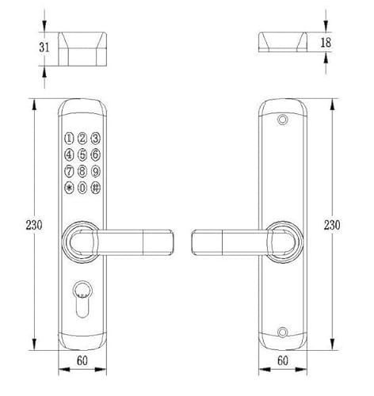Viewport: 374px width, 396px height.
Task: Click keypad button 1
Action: (69, 138)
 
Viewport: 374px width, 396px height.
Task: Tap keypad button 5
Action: (82, 154)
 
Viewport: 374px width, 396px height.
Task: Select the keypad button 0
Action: (82, 188)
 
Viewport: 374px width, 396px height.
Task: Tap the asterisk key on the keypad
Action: (69, 188)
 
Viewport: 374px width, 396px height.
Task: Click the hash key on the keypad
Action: (96, 188)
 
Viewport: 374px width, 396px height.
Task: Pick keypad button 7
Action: (69, 171)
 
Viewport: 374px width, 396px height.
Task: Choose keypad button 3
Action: (96, 138)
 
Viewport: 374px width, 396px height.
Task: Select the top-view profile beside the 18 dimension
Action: (282, 41)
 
